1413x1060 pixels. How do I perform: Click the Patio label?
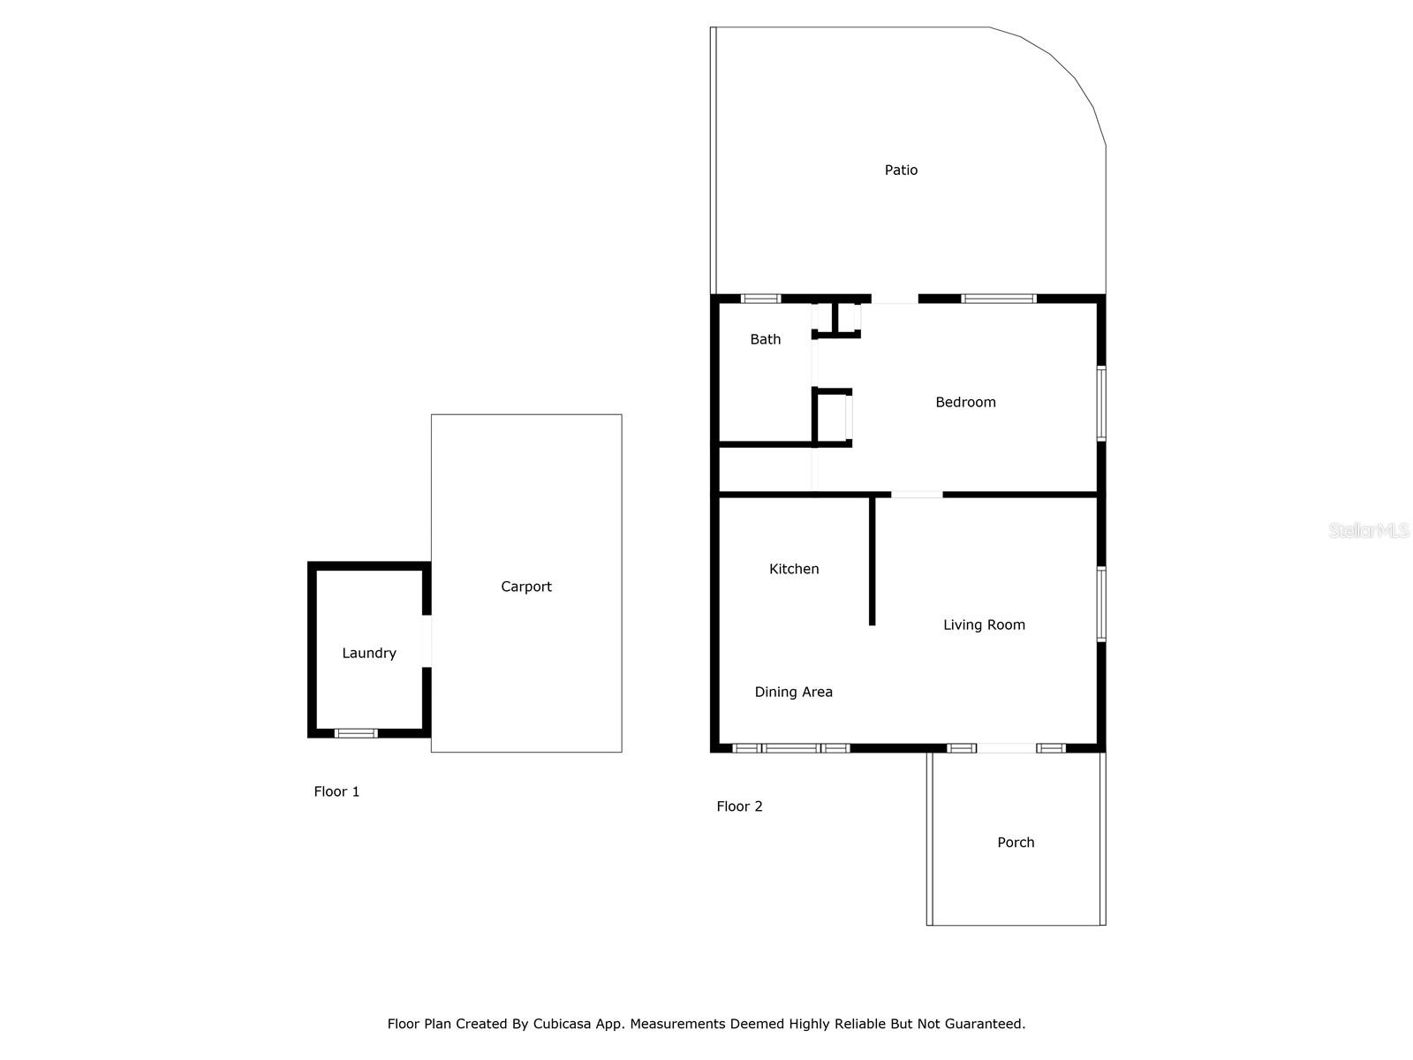(901, 170)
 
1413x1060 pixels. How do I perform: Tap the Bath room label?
(765, 339)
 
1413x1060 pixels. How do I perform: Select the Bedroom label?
(965, 402)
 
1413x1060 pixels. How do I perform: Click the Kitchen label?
(794, 569)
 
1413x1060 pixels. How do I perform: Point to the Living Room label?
(984, 625)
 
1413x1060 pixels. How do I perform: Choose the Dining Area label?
(793, 692)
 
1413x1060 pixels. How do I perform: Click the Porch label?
(1016, 842)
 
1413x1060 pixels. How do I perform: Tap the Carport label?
(525, 587)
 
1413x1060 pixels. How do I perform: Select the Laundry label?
(368, 653)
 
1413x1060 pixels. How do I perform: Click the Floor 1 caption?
(336, 791)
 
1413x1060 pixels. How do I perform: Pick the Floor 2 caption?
(739, 806)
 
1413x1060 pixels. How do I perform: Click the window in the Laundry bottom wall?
(356, 733)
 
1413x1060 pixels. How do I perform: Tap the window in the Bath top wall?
(760, 299)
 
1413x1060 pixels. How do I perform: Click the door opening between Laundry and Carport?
(427, 641)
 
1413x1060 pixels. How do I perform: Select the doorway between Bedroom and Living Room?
(917, 495)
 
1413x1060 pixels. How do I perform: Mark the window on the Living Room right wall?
(1101, 603)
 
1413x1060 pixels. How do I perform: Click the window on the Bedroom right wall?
(1101, 403)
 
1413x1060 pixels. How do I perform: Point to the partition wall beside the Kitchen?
(872, 561)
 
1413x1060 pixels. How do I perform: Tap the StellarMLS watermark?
(1368, 531)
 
